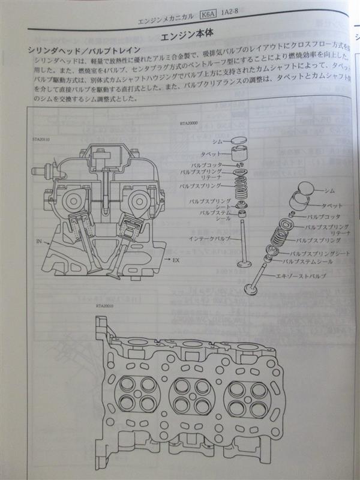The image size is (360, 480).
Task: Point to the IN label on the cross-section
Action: coord(39,241)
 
